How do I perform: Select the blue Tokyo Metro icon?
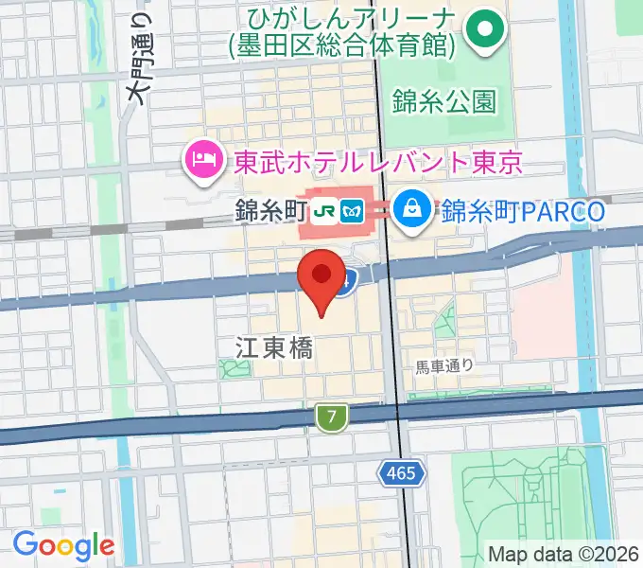pos(353,212)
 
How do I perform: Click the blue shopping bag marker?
pos(413,206)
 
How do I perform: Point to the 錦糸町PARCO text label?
pos(523,211)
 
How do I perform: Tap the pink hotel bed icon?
pos(203,155)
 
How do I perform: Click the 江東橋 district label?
pos(274,347)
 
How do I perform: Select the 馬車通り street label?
pos(443,364)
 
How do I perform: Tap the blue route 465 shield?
pos(400,471)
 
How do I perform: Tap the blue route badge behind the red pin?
pos(350,279)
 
